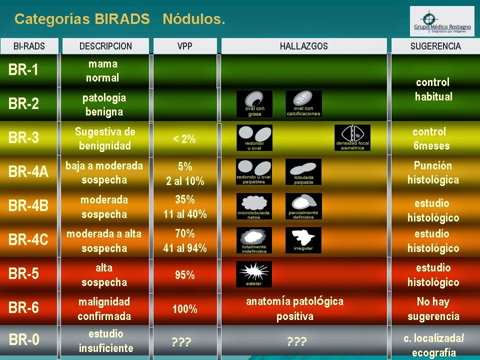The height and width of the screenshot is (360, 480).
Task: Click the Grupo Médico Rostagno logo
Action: click(x=442, y=21)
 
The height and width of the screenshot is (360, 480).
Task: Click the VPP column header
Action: click(x=184, y=46)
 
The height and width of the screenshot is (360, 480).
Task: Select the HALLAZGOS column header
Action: click(x=303, y=46)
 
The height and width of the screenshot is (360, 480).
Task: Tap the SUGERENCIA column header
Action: click(x=435, y=46)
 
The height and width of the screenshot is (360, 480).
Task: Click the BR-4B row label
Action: click(x=28, y=205)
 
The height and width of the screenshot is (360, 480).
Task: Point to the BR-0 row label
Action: click(x=23, y=340)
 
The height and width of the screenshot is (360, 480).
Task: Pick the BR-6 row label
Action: click(x=23, y=307)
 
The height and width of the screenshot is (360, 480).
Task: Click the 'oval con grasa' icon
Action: click(x=254, y=103)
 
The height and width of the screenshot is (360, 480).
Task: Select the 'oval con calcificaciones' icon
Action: click(x=303, y=103)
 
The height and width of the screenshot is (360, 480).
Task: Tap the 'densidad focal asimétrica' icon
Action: click(x=352, y=137)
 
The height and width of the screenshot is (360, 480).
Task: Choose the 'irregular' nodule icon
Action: click(x=303, y=240)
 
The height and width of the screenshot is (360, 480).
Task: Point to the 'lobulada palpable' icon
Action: click(x=303, y=171)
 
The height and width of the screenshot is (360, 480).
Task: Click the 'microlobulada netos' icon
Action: click(x=254, y=206)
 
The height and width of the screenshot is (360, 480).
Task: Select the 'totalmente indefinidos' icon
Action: click(x=254, y=240)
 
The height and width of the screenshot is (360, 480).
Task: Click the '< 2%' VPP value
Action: click(x=184, y=139)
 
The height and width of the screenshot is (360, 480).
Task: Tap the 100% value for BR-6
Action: click(x=184, y=309)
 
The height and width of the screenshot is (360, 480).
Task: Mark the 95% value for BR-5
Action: click(x=184, y=275)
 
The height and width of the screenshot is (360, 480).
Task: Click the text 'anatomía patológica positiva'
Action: click(x=294, y=308)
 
